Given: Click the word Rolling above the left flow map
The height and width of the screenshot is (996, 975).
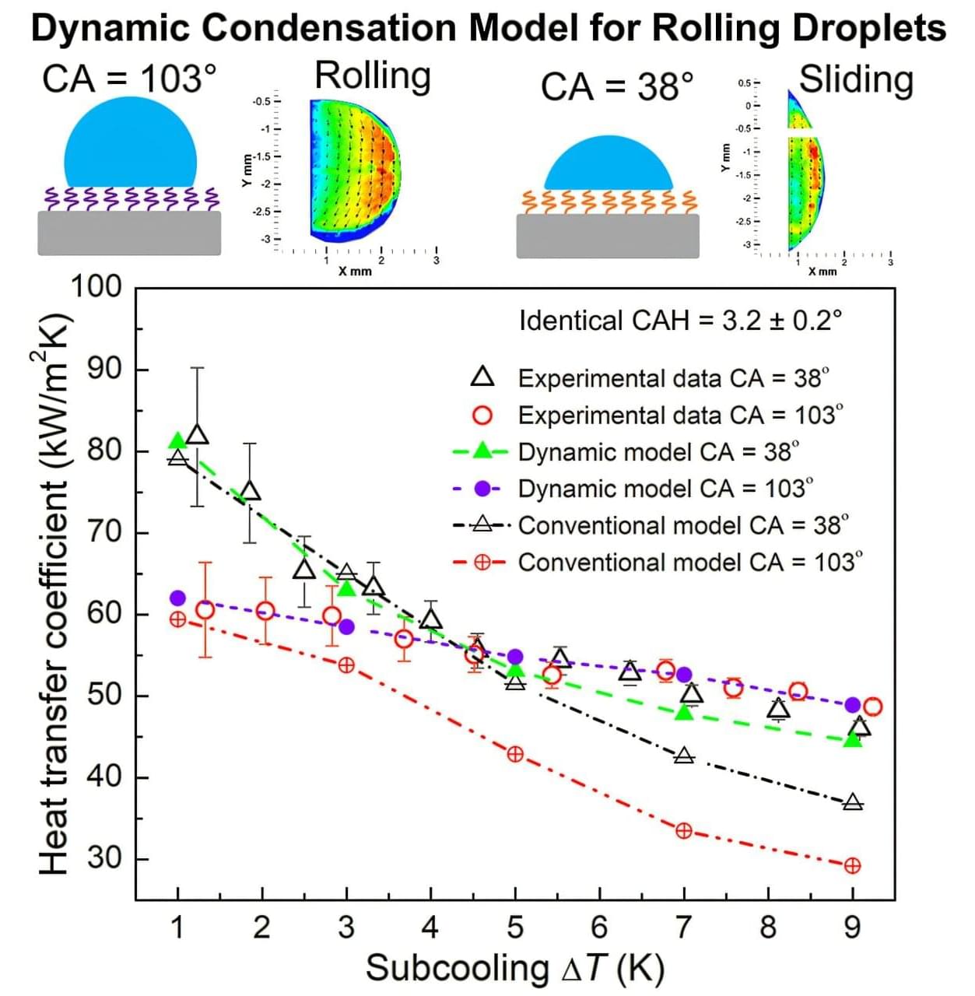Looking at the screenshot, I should [372, 77].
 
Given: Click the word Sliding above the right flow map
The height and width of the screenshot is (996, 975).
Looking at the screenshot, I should [856, 80].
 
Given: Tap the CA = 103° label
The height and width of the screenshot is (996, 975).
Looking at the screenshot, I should [129, 79].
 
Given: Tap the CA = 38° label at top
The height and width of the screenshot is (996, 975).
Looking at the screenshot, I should [617, 86].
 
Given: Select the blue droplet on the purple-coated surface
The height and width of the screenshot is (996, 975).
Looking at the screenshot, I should [130, 144].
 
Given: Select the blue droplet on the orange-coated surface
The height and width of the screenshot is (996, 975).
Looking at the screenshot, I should [608, 164].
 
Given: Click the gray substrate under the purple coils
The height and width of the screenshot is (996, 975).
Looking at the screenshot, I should [129, 233].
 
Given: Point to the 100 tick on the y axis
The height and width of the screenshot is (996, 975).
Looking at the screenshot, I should [96, 287].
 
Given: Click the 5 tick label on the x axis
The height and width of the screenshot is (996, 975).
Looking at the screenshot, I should [514, 928].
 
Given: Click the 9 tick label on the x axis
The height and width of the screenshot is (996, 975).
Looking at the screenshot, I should [852, 928].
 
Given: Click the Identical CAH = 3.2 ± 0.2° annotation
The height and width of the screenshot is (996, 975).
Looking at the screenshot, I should [680, 321].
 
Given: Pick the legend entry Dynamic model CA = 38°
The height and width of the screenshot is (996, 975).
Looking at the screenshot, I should [658, 451].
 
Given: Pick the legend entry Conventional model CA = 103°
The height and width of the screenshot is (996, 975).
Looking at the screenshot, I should [690, 562].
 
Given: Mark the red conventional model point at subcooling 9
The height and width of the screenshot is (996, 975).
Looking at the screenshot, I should [852, 865].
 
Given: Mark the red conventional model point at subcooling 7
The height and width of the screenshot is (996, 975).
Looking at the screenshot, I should [683, 831].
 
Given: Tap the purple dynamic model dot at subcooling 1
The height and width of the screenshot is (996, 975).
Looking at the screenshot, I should [177, 598].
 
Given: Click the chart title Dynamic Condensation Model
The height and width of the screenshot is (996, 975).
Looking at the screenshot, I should [488, 28].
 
